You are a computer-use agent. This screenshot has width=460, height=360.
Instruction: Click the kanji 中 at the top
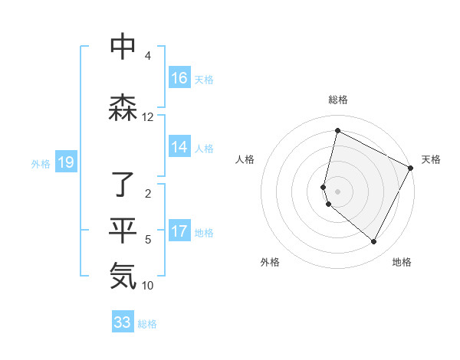pos(123,47)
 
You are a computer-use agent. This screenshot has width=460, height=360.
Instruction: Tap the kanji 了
pos(123,185)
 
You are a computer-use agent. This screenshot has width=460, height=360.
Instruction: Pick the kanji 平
pos(123,231)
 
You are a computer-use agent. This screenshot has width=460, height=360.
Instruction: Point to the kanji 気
pos(123,277)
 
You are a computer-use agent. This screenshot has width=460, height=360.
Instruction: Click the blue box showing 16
pos(179,78)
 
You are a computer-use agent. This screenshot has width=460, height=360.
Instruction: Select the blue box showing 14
pos(179,148)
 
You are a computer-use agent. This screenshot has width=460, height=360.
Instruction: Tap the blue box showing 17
pos(179,232)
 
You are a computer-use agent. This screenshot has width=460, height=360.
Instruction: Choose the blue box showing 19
pos(65,162)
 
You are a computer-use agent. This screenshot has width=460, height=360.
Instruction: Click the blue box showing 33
pos(123,322)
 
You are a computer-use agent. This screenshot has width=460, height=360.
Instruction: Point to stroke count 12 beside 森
pos(147,117)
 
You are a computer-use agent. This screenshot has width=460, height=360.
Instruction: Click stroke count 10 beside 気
pos(147,286)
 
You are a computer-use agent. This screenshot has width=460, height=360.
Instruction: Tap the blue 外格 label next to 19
pos(41,163)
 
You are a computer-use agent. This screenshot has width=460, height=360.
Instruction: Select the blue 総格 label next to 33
pos(147,324)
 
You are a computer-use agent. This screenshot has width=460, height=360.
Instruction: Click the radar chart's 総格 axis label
pos(337,100)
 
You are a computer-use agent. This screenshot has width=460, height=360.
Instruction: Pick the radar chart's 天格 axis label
pos(431,159)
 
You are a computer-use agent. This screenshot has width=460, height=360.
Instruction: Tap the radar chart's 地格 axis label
pos(402,262)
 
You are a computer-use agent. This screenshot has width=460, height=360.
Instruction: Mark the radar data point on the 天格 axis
pos(411,168)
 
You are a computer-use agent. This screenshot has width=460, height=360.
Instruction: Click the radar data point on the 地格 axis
pos(374,242)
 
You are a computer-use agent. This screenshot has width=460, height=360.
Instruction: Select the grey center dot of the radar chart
pos(337,191)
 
